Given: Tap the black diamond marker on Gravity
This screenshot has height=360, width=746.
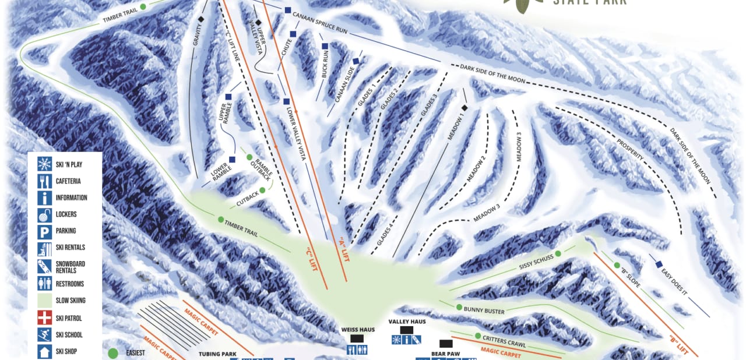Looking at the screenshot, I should (x=201, y=20).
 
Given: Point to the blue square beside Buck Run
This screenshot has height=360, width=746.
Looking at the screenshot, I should (x=325, y=46).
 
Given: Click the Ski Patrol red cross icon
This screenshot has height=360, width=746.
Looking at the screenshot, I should (x=44, y=318).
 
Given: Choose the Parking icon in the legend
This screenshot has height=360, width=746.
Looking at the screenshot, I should (x=44, y=231).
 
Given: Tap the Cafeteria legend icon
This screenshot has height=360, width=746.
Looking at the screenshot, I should (x=44, y=181).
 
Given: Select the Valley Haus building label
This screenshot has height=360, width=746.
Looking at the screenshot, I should (x=407, y=322).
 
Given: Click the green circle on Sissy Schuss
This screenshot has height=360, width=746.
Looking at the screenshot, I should (x=558, y=253).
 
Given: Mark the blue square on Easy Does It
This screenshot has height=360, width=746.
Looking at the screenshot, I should (x=659, y=264).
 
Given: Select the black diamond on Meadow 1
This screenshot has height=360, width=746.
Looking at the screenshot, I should (x=465, y=108).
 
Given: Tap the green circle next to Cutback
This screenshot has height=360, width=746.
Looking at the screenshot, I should (x=263, y=190).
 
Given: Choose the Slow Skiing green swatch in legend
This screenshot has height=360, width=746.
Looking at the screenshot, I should (x=44, y=301).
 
